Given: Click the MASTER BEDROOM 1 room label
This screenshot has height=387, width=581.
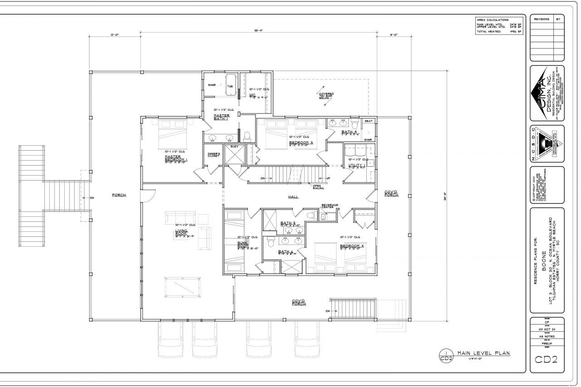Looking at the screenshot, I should point(176,159).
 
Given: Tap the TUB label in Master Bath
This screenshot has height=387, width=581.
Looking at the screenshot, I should point(230,86).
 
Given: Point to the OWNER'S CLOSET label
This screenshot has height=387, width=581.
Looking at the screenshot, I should point(214,155).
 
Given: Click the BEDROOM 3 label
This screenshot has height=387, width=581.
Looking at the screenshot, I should point(301,143).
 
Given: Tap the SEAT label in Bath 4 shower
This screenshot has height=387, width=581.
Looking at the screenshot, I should point(369,121).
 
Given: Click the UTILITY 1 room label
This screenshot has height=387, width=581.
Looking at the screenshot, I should point(357,167).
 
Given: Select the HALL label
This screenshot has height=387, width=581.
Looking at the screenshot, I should point(293,197).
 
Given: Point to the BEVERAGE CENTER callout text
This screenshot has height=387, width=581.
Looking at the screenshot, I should point(330,206).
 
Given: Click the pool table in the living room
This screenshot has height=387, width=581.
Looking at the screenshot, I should point(180,287).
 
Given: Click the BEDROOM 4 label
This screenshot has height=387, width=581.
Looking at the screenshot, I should point(352,246).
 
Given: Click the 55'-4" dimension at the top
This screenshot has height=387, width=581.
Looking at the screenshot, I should point(259,30).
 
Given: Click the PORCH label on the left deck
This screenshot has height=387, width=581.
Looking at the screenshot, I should point(119,195).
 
